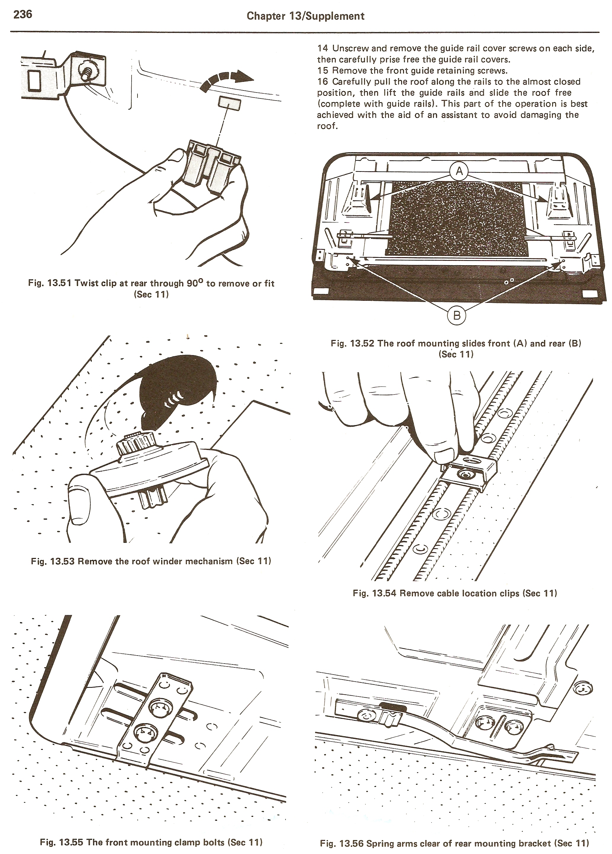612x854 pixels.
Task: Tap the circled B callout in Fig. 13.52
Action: [x=457, y=315]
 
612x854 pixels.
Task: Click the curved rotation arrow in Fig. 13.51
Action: [x=226, y=80]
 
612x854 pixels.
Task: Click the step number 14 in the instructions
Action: [x=323, y=48]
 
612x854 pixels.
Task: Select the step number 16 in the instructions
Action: [x=323, y=81]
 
